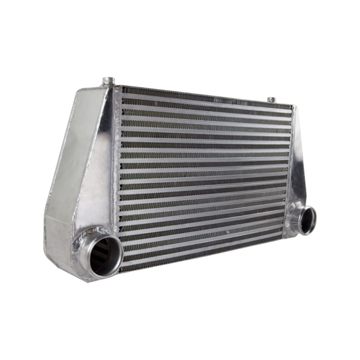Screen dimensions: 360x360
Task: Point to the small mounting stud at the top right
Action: [x=271, y=100]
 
